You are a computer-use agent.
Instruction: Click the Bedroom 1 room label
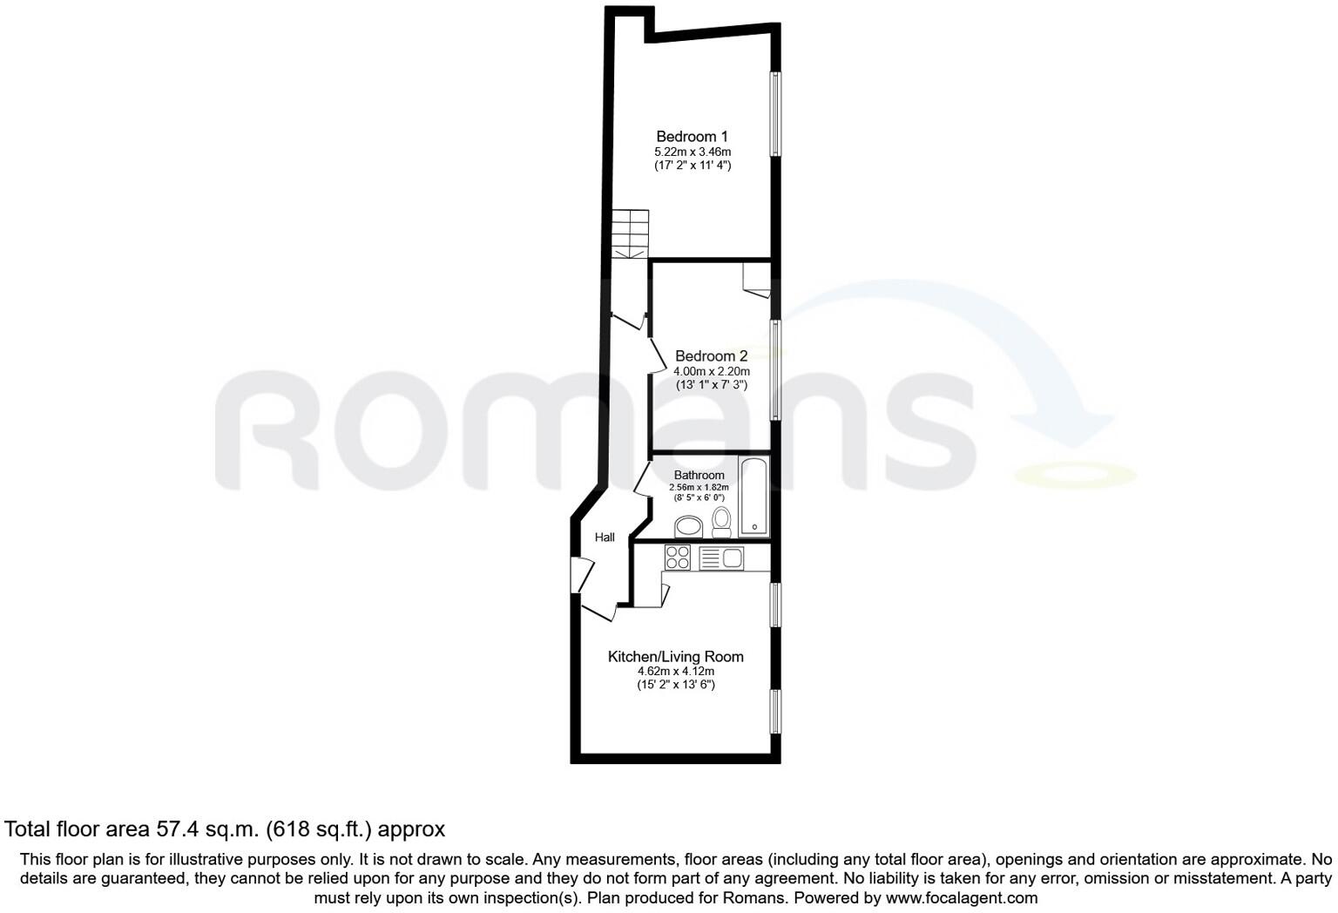[692, 136]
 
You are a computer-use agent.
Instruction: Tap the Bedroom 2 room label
[711, 356]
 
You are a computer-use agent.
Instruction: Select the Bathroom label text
[699, 475]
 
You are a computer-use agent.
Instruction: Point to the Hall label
[605, 538]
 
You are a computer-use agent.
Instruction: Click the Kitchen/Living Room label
[676, 657]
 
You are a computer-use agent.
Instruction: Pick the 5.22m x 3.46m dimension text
[693, 152]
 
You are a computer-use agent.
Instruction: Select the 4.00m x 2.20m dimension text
[712, 372]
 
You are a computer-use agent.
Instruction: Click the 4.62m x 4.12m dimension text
[676, 671]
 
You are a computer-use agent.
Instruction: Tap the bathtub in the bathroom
[753, 496]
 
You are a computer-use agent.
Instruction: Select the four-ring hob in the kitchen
[678, 557]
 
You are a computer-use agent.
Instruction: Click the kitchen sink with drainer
[721, 558]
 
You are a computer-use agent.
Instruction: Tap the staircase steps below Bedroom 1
[630, 233]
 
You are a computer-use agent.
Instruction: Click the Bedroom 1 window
[774, 114]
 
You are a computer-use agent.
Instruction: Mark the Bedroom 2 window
[774, 370]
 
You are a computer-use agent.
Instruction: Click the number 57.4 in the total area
[176, 829]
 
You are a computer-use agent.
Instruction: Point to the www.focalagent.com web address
[962, 897]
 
